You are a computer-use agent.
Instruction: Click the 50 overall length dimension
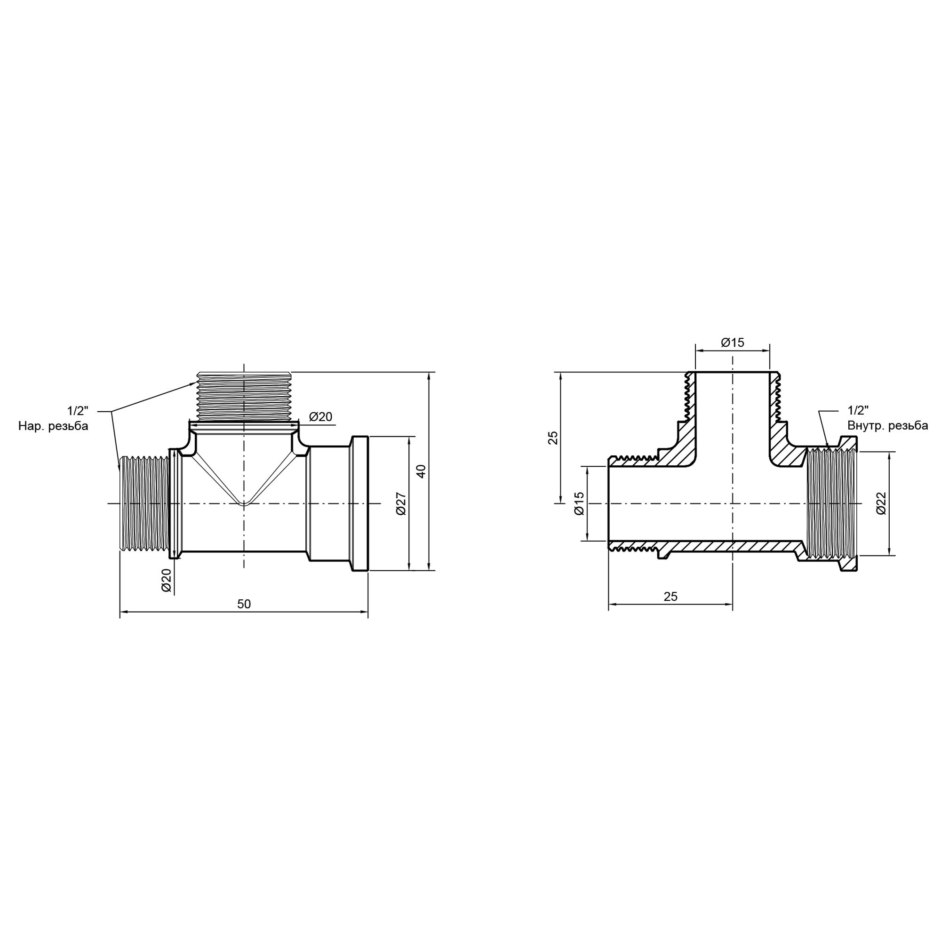(244, 604)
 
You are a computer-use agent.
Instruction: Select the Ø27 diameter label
(401, 503)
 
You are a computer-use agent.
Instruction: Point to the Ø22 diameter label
(881, 503)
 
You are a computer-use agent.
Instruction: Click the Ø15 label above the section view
(733, 343)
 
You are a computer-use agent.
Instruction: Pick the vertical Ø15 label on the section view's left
(579, 503)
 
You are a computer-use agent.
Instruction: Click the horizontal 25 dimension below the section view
(670, 597)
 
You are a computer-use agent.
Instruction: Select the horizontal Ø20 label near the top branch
(320, 417)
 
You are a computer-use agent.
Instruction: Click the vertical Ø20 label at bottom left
(166, 580)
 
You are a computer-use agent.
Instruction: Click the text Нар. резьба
(53, 426)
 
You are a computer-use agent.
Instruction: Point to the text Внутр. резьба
(887, 426)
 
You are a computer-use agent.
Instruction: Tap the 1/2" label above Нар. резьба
(78, 410)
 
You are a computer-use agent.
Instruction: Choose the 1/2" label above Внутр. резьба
(858, 410)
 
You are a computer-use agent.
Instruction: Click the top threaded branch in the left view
(244, 396)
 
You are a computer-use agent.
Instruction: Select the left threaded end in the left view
(144, 503)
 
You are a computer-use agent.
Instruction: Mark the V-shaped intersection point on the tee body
(244, 504)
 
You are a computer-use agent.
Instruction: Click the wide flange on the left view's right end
(360, 503)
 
